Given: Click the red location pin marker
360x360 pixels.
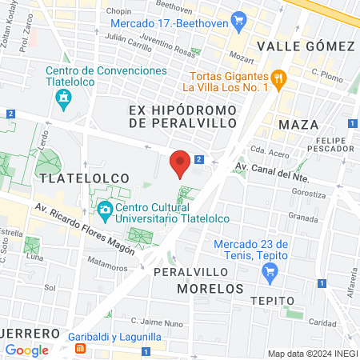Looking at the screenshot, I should click(x=181, y=162).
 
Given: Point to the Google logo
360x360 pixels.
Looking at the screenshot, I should click(x=26, y=350).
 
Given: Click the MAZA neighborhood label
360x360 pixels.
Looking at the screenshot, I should click(x=298, y=125).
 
